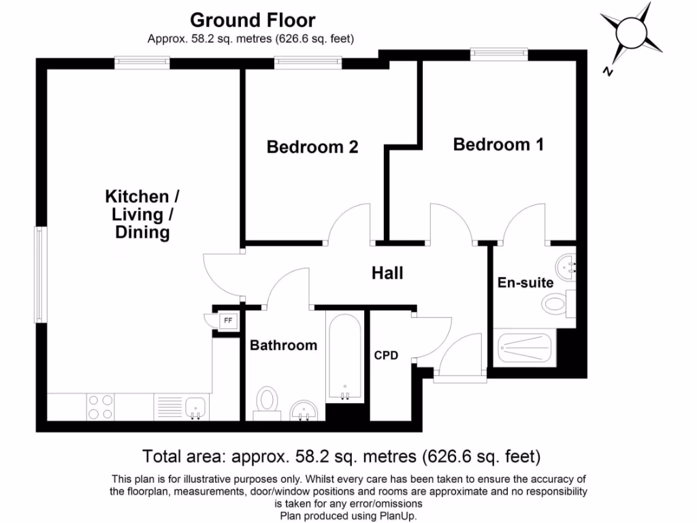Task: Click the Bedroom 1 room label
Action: [x=498, y=144]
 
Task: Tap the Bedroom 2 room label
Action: [x=312, y=146]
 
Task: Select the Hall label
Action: [x=387, y=273]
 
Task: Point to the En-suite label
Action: [x=525, y=283]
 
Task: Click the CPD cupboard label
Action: [x=386, y=355]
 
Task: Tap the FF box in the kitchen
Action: [x=228, y=320]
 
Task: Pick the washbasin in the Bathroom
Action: [x=304, y=410]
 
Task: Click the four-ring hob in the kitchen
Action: [x=101, y=407]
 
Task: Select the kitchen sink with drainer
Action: [x=181, y=407]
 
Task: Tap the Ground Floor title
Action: [x=253, y=20]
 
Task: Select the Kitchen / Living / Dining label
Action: [x=142, y=215]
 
